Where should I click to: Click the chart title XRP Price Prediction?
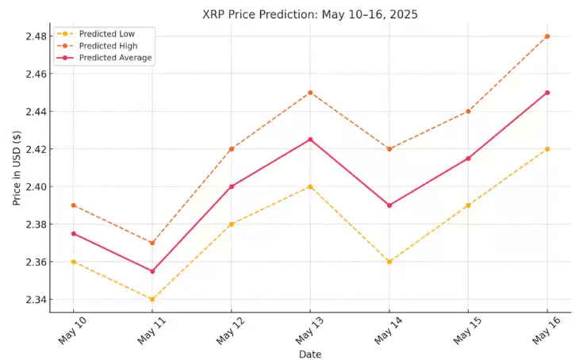coord(309,13)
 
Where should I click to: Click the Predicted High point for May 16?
coord(547,36)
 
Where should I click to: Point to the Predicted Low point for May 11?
coord(152,299)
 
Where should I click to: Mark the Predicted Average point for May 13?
coord(310,140)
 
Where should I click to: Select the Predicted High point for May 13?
coord(310,93)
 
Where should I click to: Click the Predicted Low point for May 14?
coord(389,262)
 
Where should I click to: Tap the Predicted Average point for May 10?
coord(73,233)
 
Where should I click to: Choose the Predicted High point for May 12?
coord(231,149)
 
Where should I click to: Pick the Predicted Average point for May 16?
coord(547,93)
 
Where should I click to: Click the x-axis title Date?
coord(310,354)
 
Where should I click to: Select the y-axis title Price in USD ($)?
coord(17,168)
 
